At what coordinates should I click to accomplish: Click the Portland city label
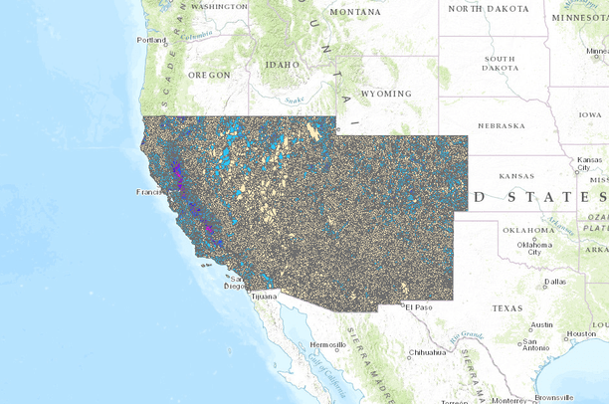151,40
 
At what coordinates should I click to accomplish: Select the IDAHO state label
282,65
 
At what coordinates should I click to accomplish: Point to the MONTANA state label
354,12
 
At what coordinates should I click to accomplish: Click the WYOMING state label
385,94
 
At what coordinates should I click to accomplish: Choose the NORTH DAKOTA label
489,8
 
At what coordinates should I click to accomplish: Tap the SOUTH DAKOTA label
500,64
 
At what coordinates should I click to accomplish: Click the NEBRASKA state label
501,126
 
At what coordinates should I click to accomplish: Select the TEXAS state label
506,307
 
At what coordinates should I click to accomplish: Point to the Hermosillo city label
328,344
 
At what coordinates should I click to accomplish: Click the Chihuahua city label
429,352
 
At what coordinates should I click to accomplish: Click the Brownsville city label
554,397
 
